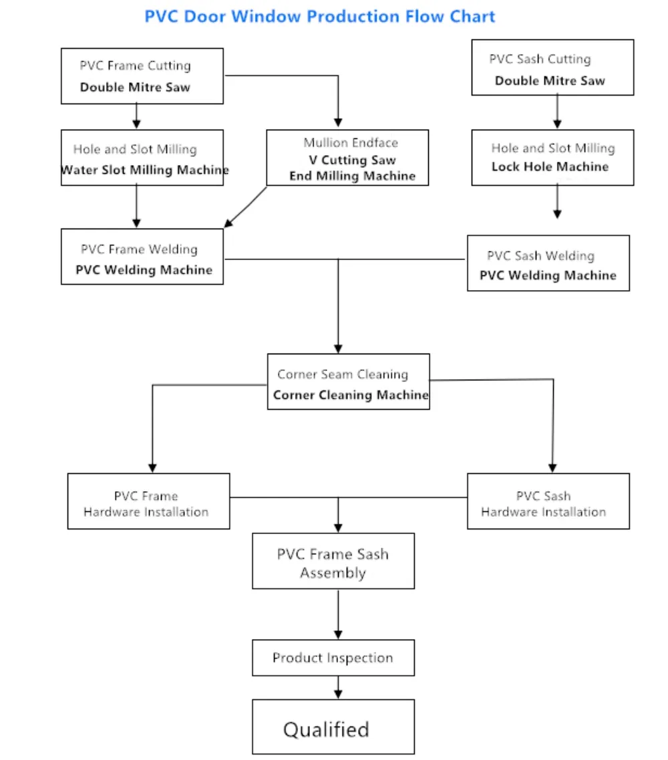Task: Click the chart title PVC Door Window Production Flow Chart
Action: tap(320, 16)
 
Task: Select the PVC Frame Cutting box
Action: tap(142, 76)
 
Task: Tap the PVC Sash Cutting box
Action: tap(552, 68)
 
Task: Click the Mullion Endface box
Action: tap(347, 158)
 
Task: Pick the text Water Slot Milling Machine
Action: tap(144, 170)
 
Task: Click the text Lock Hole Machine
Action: tap(550, 166)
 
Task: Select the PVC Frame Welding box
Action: tap(142, 257)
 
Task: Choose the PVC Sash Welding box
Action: tap(548, 263)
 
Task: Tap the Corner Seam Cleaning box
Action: tap(348, 382)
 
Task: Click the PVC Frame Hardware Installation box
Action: tap(148, 501)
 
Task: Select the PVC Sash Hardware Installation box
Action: tap(548, 501)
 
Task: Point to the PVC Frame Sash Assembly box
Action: tap(333, 561)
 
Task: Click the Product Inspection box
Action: tap(333, 658)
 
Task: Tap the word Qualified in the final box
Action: tap(326, 729)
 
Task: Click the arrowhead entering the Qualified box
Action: tap(338, 694)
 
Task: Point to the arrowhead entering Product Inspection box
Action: tap(338, 635)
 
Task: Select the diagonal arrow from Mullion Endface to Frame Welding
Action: tap(246, 207)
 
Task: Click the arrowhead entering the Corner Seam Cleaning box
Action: tap(338, 348)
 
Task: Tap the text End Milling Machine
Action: tap(352, 176)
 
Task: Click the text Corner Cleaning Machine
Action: tap(351, 395)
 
